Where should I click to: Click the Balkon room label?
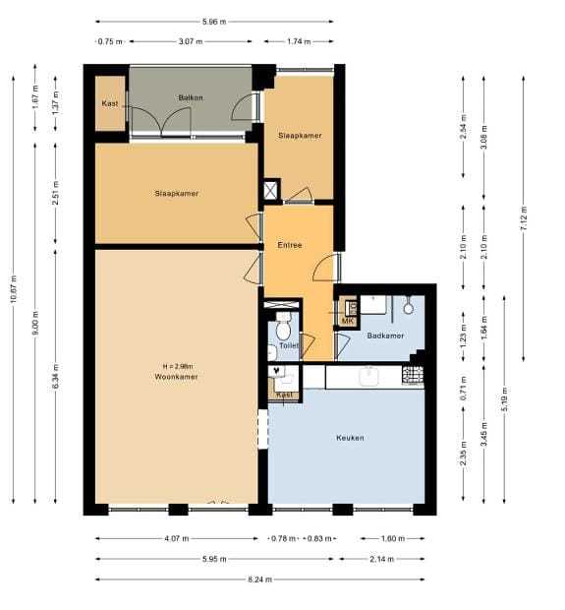[191, 97]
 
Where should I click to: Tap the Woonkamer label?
[176, 377]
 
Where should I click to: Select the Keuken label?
[350, 438]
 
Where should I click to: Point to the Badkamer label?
[385, 335]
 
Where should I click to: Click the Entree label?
[290, 245]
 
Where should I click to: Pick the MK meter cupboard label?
[348, 321]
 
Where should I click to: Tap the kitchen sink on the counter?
[368, 377]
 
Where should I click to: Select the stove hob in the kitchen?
[413, 375]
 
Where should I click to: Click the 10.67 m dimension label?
[14, 288]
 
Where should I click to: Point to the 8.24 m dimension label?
[260, 579]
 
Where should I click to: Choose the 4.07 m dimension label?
[177, 539]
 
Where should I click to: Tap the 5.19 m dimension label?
[504, 399]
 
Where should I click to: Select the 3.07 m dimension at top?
[191, 41]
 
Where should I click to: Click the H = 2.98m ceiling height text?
[178, 366]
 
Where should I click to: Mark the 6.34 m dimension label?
[56, 376]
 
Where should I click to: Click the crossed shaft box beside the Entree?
[271, 190]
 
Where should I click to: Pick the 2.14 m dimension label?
[381, 559]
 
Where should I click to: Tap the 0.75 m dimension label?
[110, 41]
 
